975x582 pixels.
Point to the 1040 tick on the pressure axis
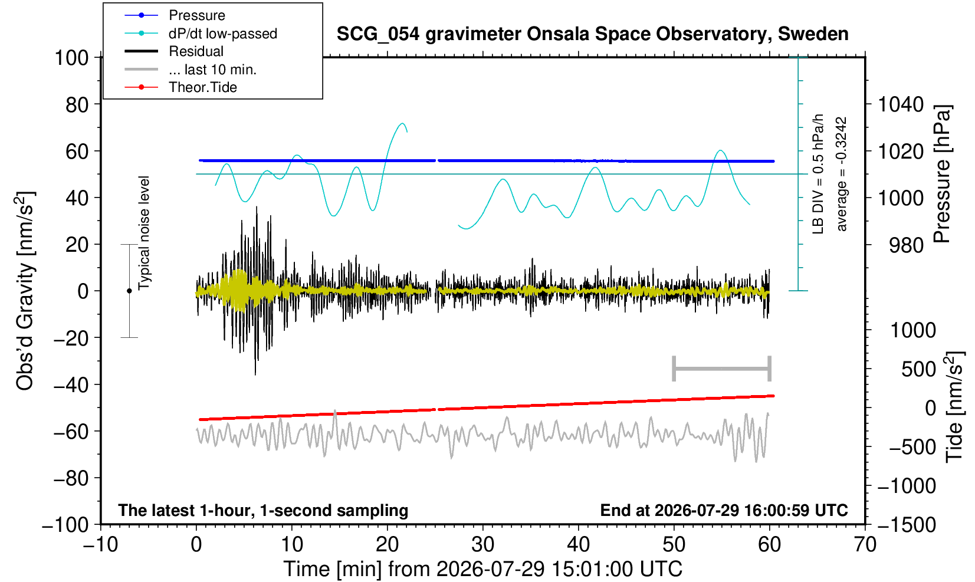[x=901, y=104]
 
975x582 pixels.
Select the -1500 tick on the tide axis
[x=907, y=525]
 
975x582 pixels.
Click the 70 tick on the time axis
[x=865, y=544]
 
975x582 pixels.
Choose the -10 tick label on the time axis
[x=100, y=544]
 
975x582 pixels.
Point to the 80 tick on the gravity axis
[x=77, y=105]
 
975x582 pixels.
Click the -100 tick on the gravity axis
[x=65, y=525]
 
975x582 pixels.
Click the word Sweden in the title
[x=813, y=34]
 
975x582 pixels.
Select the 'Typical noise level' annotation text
[x=144, y=233]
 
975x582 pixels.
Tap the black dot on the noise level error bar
[x=129, y=291]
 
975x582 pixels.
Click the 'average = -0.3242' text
[x=841, y=174]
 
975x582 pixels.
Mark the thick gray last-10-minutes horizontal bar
[x=722, y=369]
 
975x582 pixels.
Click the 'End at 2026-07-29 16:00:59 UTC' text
[x=724, y=510]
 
